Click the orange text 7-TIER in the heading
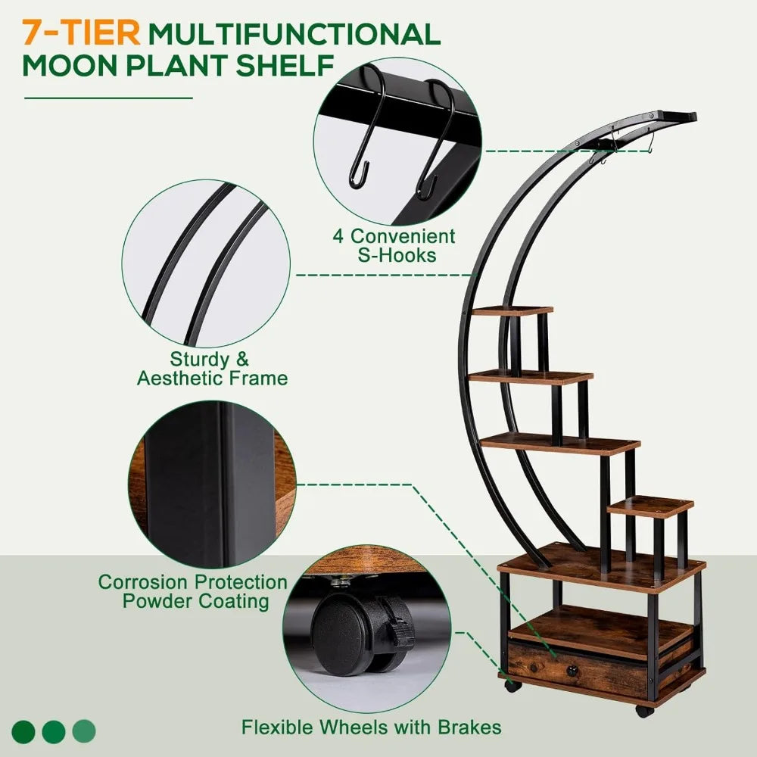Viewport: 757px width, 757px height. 80,33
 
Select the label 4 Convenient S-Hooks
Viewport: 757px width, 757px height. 394,245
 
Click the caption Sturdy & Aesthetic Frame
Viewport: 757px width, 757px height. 212,369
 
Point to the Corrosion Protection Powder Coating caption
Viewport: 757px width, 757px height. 193,591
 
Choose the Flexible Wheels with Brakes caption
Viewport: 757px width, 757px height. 371,727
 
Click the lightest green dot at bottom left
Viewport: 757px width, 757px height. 84,731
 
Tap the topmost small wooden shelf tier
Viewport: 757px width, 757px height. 513,310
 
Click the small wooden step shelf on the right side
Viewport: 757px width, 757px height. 650,506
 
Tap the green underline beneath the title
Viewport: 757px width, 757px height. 108,98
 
